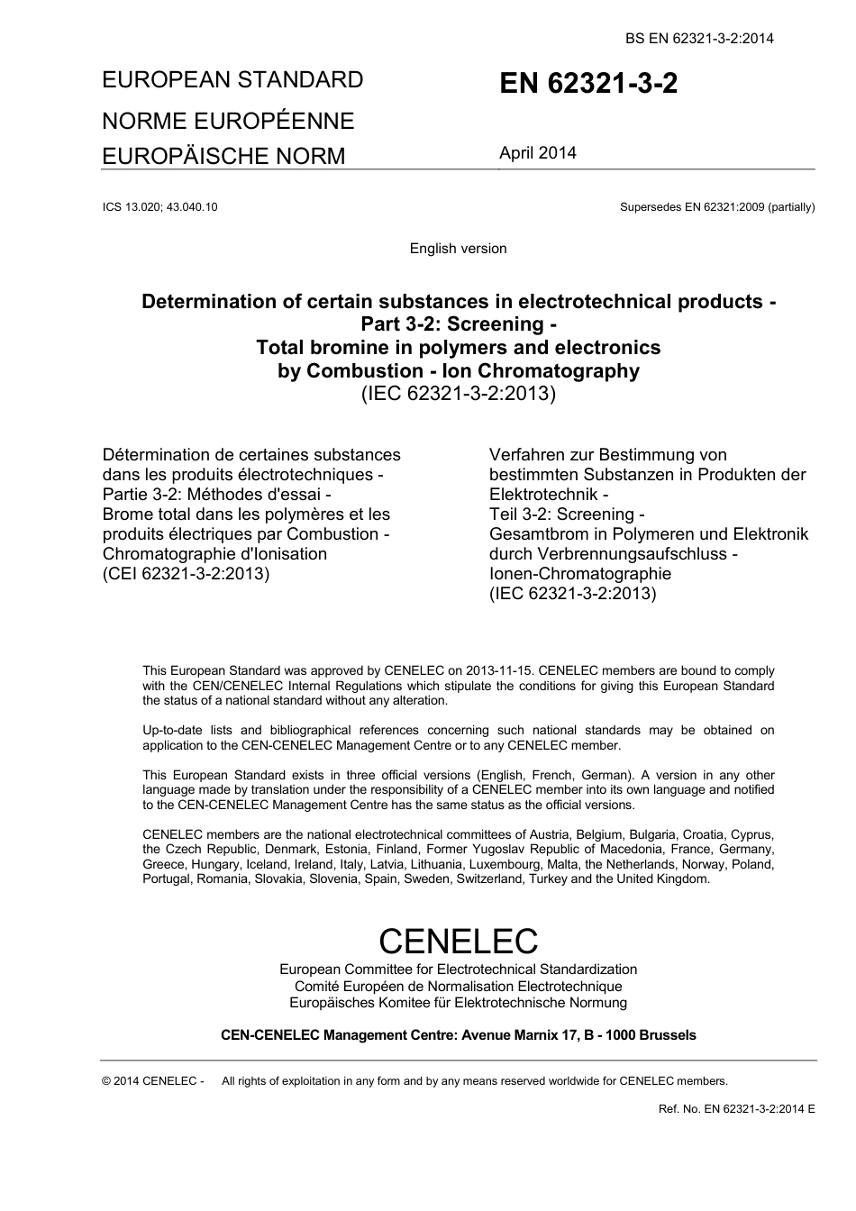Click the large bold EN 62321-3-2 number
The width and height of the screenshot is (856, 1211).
point(588,84)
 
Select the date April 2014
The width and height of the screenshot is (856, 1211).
point(538,153)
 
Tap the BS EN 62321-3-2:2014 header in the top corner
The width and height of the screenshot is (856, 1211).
point(699,38)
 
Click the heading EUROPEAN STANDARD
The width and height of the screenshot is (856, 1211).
point(232,80)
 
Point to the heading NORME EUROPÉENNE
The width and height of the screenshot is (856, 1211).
point(228,121)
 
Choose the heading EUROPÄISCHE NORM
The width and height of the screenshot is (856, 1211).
point(223,157)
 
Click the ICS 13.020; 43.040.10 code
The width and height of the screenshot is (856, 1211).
point(160,207)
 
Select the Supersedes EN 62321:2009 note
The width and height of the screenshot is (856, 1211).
point(716,207)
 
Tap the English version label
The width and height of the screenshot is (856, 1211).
point(458,249)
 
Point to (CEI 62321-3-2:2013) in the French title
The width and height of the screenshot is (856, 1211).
point(186,574)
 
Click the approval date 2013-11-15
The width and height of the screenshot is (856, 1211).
point(500,670)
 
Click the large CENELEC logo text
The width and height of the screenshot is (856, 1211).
point(458,941)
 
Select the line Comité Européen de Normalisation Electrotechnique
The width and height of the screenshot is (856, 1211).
point(458,987)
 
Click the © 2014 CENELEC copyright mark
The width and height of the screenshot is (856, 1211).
point(152,1081)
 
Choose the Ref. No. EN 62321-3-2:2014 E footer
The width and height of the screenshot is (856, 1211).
point(736,1109)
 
